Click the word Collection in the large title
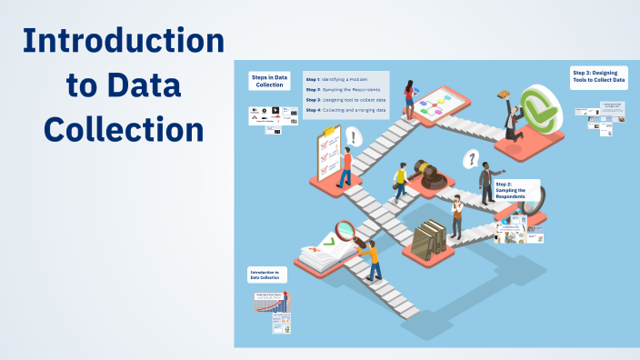click(123, 127)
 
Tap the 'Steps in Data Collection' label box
click(269, 82)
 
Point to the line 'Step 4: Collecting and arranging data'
click(346, 110)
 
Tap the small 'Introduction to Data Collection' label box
click(268, 275)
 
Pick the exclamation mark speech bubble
click(353, 136)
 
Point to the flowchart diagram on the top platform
click(436, 104)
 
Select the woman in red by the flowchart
click(410, 100)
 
